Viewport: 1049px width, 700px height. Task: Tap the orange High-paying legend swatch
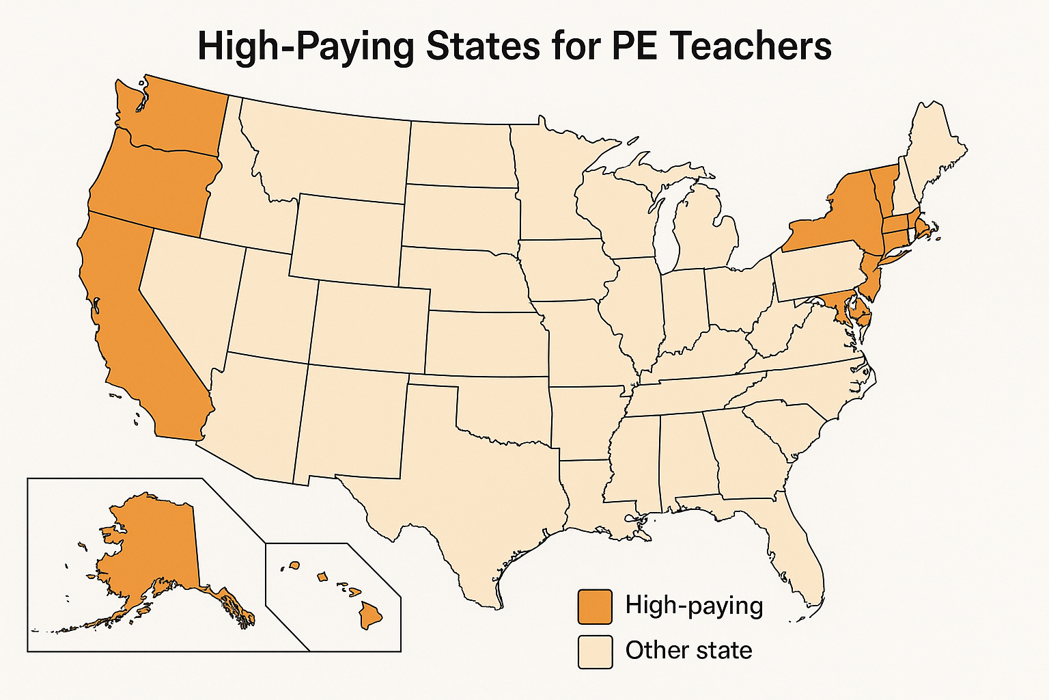(595, 607)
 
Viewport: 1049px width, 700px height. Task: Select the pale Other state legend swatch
(595, 651)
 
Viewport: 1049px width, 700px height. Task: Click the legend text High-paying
(694, 606)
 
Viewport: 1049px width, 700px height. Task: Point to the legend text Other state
(688, 650)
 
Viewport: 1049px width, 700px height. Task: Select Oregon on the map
(154, 185)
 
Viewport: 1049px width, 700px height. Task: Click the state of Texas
(478, 479)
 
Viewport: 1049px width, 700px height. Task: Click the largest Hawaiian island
(371, 614)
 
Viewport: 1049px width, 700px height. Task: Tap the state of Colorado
(369, 328)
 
